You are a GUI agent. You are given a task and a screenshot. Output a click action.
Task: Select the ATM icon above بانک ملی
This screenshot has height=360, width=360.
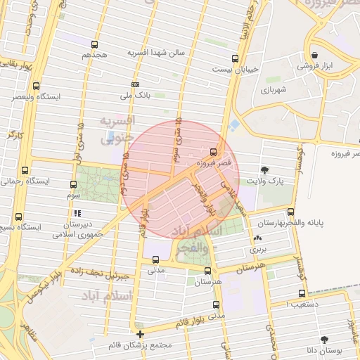point(135,84)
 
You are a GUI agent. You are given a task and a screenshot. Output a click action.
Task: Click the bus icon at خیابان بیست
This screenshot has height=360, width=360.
point(234,58)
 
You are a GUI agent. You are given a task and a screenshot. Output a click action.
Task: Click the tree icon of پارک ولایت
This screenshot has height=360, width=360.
point(264,169)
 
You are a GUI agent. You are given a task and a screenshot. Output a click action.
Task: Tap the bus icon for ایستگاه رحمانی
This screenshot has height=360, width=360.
point(25,170)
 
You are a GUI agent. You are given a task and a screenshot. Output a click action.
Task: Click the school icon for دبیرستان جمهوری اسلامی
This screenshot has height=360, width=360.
point(77,212)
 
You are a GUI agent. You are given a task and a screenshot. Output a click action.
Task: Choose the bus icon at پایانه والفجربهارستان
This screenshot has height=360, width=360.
point(290,212)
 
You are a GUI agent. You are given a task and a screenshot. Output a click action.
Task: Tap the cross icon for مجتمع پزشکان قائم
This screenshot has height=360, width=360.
point(141,334)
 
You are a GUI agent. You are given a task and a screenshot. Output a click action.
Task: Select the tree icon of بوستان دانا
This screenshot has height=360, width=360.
point(323,340)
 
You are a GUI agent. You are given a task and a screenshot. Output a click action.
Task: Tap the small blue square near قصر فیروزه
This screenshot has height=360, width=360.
point(233,124)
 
